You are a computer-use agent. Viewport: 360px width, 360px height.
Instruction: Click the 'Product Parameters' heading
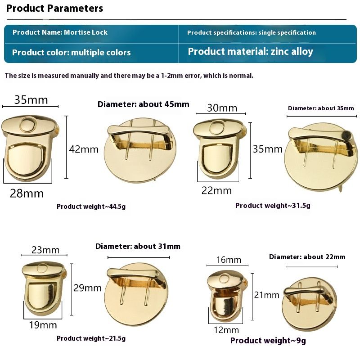(54, 9)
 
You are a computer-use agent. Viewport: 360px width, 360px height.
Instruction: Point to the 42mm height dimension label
(84, 149)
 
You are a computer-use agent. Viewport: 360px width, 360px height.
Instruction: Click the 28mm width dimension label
(27, 193)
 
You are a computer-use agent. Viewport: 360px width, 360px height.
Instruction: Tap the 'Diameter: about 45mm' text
(144, 104)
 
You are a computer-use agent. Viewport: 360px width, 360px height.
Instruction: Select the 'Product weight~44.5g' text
(91, 207)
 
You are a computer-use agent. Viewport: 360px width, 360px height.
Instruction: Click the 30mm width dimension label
(222, 108)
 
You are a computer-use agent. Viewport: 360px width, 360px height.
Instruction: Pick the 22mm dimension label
(216, 190)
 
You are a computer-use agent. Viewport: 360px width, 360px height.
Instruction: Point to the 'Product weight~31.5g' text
(273, 206)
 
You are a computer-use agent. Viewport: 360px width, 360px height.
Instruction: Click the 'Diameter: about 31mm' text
(138, 246)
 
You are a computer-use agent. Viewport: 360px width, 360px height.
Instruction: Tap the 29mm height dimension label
(87, 288)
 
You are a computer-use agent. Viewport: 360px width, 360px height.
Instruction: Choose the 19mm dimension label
(43, 325)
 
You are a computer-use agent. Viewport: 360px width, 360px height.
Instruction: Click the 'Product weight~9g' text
(268, 341)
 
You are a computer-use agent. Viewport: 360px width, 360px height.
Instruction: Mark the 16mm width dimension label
(229, 260)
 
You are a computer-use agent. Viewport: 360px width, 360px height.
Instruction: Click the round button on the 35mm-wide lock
(28, 125)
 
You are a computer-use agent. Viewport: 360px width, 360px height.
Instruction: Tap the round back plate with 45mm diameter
(140, 150)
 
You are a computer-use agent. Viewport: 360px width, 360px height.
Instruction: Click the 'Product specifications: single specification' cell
(252, 32)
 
